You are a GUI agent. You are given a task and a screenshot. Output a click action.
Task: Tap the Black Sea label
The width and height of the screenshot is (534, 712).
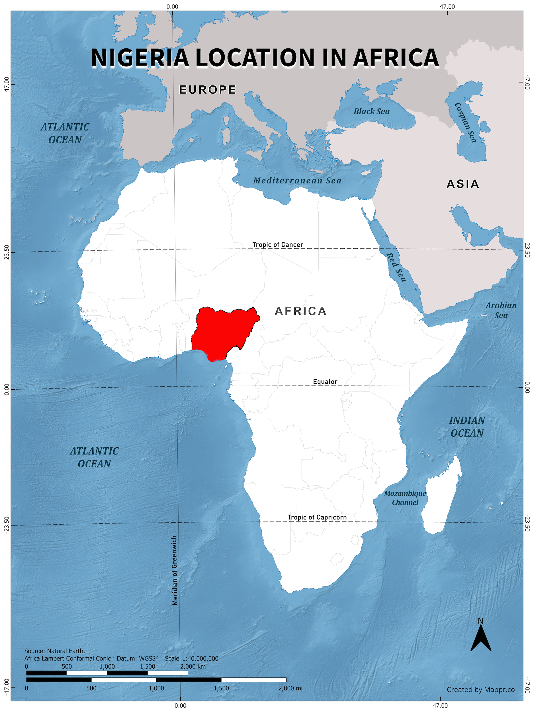click(371, 111)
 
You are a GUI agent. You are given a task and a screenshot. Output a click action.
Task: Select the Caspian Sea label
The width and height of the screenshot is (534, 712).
click(465, 122)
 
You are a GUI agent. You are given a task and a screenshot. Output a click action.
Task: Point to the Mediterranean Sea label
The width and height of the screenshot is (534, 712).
click(297, 181)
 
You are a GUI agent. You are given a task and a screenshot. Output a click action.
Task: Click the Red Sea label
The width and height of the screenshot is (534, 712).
click(396, 267)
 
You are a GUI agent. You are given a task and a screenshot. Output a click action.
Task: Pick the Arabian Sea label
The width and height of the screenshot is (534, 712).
click(501, 310)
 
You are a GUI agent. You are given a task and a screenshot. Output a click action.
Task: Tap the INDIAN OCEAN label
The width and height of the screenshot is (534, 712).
click(467, 427)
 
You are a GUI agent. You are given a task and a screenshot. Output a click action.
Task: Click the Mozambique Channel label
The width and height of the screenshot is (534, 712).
click(405, 498)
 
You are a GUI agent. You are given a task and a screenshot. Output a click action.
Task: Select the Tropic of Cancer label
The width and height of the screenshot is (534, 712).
click(277, 245)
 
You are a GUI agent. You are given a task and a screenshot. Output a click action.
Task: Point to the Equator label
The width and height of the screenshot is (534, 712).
click(325, 382)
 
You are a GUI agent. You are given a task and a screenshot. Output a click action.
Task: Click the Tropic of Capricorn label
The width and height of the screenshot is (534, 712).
click(317, 517)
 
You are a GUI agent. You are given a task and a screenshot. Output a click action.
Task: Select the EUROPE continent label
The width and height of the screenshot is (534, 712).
click(208, 90)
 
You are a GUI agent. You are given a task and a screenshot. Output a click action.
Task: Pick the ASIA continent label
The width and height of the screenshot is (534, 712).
click(463, 184)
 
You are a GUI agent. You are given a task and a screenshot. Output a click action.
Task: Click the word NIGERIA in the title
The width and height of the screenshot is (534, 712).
click(140, 58)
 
